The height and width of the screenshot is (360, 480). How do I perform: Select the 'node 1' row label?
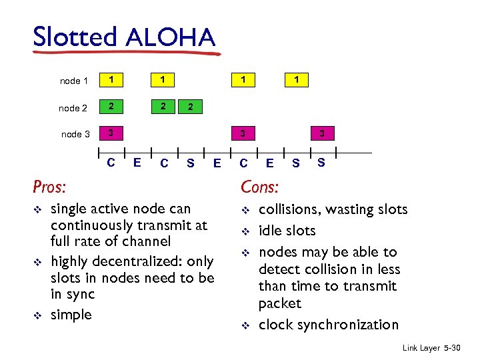click(74, 81)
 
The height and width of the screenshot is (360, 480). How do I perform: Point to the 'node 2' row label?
click(73, 108)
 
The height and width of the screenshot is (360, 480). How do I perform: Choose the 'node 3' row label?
click(75, 134)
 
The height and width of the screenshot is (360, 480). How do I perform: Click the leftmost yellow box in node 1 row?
click(112, 80)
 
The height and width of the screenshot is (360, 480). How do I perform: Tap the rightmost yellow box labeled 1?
click(297, 80)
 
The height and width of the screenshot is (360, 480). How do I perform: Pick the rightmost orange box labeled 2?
click(191, 107)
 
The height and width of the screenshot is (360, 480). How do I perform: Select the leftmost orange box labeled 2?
click(112, 107)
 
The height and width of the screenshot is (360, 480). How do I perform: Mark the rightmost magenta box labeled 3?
click(322, 133)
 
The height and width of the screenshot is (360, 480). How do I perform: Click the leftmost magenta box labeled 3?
click(112, 133)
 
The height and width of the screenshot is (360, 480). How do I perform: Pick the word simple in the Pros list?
click(71, 314)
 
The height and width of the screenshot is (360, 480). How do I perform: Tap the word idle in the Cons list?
click(270, 231)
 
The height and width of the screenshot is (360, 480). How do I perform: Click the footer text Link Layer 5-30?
click(433, 349)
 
